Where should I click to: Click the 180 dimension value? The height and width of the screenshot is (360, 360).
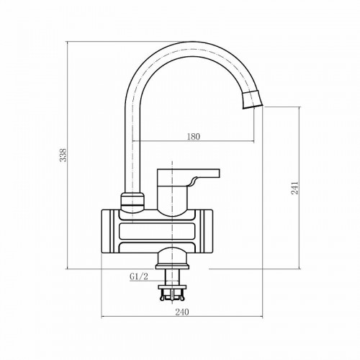[x=193, y=136]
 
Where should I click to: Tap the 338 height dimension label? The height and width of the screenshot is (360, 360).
[x=63, y=155]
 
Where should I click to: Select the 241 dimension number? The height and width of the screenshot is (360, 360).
[x=294, y=188]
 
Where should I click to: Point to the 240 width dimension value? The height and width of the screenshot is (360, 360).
[x=182, y=312]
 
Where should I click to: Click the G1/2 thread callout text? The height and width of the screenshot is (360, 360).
[x=139, y=276]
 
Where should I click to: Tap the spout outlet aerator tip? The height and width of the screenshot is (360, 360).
[x=252, y=100]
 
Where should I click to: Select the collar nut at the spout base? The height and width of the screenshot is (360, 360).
[x=132, y=201]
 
